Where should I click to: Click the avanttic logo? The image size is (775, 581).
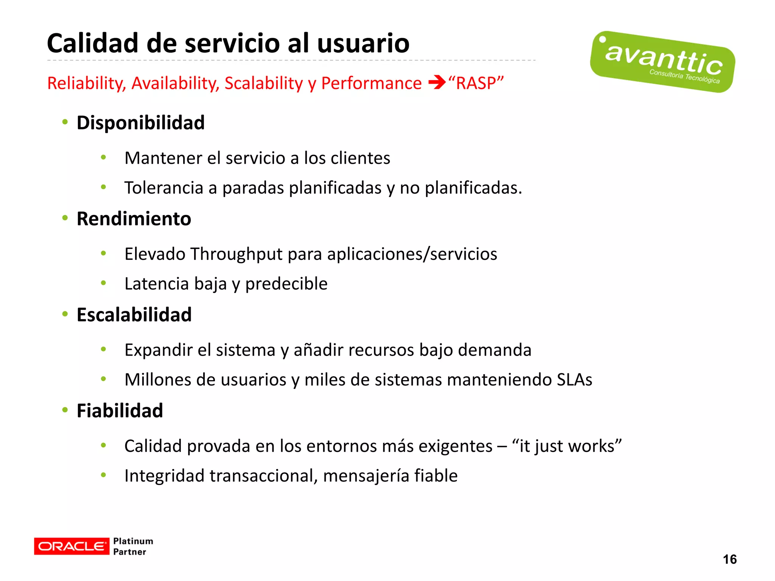click(662, 62)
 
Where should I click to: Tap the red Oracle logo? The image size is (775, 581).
click(72, 546)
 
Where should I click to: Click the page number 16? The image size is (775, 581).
click(729, 559)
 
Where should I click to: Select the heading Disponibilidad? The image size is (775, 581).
click(140, 123)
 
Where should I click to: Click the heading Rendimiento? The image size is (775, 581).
click(134, 219)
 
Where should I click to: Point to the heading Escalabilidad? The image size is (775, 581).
click(134, 315)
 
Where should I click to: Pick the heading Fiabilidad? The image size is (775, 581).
click(120, 411)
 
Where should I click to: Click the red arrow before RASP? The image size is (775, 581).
click(437, 82)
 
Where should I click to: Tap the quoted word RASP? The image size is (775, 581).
click(476, 83)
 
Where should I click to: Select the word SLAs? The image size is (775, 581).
click(574, 380)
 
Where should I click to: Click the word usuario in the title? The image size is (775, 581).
click(363, 43)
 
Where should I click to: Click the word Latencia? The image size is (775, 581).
click(156, 284)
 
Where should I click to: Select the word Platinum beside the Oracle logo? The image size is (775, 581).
click(133, 541)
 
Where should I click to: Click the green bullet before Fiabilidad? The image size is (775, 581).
click(65, 410)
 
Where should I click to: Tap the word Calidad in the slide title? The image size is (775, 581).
click(93, 43)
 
